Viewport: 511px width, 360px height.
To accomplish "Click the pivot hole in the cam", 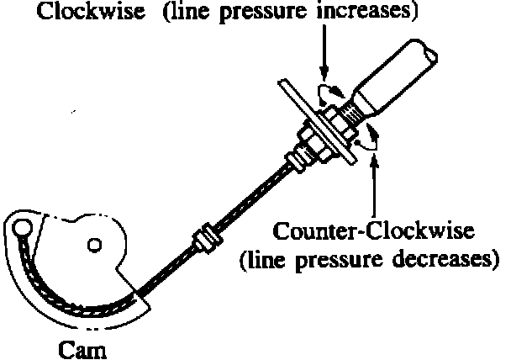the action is (x=95, y=245).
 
